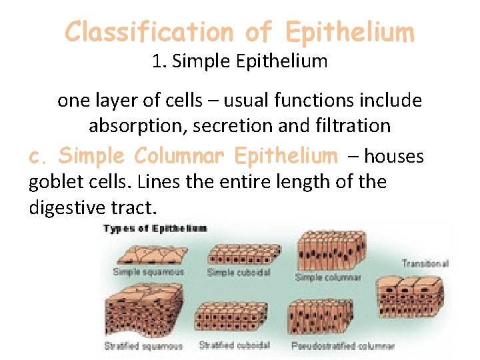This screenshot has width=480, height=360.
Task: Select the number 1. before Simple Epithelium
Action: coord(159,62)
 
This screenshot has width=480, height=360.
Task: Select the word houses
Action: coord(394,157)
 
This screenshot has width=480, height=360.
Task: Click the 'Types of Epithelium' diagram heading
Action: coord(155,229)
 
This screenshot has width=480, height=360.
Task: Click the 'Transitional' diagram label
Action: coord(425,264)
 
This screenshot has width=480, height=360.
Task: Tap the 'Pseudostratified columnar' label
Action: coord(343,346)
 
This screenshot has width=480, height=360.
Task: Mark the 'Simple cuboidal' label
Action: coord(239,273)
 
